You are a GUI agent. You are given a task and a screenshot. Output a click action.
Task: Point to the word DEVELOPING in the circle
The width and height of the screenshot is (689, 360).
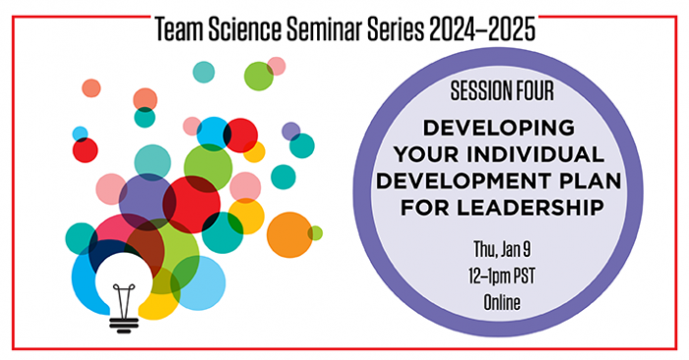pyautogui.click(x=501, y=127)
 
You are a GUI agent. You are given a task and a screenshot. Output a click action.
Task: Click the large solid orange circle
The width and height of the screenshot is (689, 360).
pyautogui.click(x=288, y=234)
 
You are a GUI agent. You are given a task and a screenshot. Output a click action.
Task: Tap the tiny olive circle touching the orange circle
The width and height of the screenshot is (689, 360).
pyautogui.click(x=315, y=233)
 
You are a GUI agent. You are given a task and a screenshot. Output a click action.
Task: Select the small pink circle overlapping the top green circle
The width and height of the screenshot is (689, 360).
pyautogui.click(x=277, y=66)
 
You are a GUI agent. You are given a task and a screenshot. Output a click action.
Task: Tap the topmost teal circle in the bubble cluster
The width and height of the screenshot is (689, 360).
pyautogui.click(x=204, y=71)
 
